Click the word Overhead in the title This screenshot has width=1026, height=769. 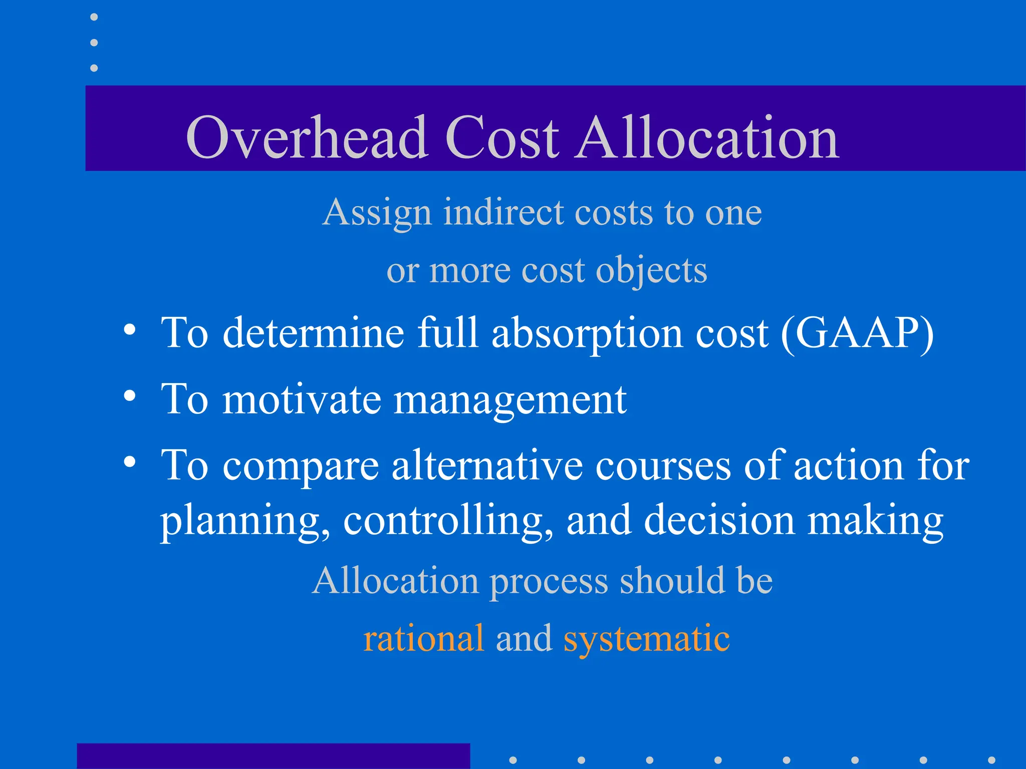tap(306, 137)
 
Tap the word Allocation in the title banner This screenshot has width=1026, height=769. tap(707, 137)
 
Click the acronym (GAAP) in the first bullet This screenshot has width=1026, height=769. tap(857, 333)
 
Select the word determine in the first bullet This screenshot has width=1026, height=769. tap(313, 333)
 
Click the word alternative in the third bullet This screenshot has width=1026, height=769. tap(487, 466)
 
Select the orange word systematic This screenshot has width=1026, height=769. tap(646, 639)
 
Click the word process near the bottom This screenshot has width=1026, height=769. tap(549, 582)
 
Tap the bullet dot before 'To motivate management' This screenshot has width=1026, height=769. tap(130, 396)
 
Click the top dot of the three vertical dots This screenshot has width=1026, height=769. tap(94, 17)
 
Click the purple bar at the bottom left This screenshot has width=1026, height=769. tap(273, 756)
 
